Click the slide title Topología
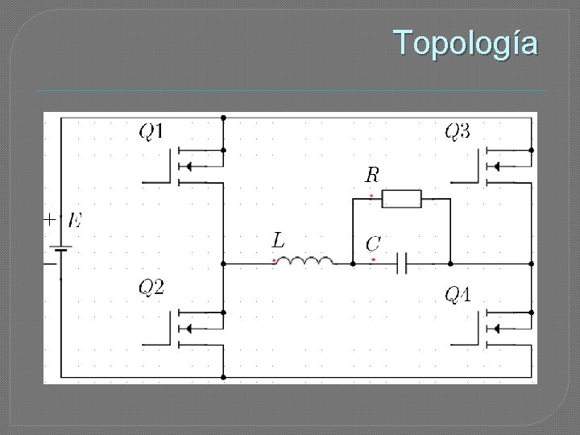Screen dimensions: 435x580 click(466, 43)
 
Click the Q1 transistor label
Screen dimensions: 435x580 click(152, 130)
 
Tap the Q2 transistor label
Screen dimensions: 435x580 click(151, 287)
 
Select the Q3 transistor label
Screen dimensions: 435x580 click(458, 130)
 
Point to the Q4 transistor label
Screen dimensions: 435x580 click(458, 295)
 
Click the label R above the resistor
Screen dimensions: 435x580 click(372, 174)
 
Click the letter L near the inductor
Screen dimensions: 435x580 click(277, 239)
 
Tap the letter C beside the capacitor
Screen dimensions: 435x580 click(373, 242)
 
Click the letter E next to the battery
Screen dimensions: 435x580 click(75, 219)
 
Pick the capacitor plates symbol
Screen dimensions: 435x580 click(407, 263)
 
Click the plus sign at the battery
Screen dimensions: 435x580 click(50, 218)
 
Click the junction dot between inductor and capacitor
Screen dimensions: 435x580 click(353, 263)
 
